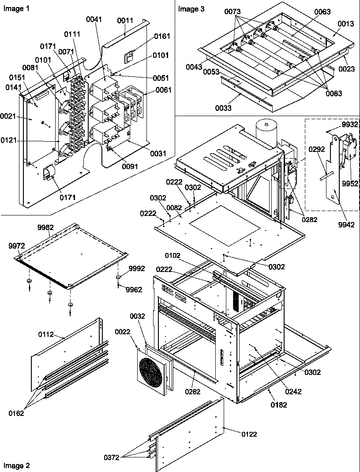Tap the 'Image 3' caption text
(x=191, y=9)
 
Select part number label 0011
(x=125, y=21)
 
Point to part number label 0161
(x=162, y=36)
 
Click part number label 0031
(x=158, y=154)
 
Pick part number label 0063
(x=322, y=12)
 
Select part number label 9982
(x=45, y=227)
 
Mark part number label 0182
(x=278, y=404)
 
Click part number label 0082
(x=175, y=207)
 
